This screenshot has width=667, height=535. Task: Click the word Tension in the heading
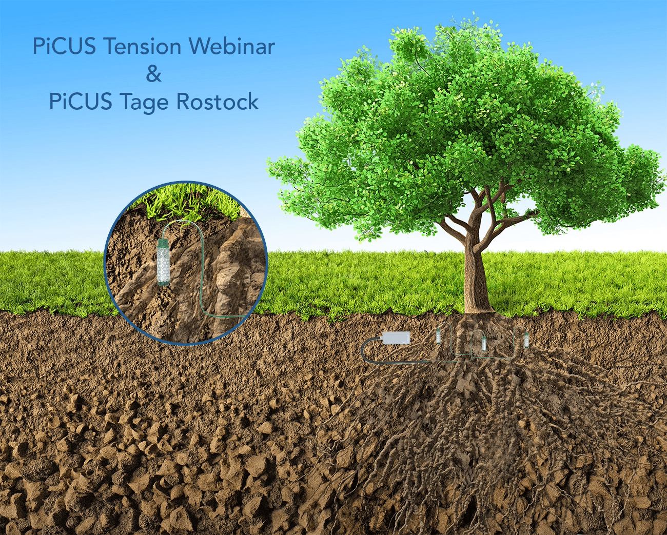click(142, 47)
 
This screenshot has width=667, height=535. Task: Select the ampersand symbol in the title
click(154, 74)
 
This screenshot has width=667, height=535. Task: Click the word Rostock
click(217, 102)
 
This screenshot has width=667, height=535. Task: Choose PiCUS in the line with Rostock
click(81, 102)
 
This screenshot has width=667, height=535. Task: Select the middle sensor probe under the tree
click(483, 344)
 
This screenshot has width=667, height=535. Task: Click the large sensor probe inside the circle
click(163, 262)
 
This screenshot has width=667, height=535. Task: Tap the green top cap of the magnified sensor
click(163, 243)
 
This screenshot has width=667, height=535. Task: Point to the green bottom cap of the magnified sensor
click(163, 282)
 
